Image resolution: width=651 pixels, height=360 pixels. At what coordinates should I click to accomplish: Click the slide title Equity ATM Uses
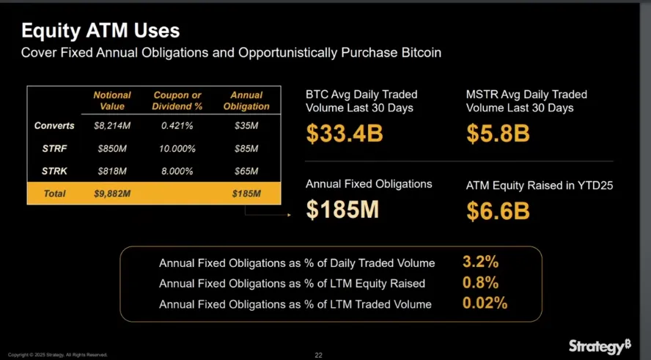click(x=100, y=31)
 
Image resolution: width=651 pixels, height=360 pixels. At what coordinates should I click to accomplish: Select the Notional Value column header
click(x=112, y=100)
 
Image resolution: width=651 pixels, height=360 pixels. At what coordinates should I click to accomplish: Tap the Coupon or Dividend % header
click(x=177, y=100)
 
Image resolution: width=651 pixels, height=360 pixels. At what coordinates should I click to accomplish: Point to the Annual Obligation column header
click(x=246, y=100)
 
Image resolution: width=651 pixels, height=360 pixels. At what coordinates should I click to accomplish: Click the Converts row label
click(x=54, y=126)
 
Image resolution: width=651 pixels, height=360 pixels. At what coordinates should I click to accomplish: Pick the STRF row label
click(x=54, y=149)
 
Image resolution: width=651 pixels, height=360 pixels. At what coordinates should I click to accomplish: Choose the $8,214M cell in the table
click(x=112, y=126)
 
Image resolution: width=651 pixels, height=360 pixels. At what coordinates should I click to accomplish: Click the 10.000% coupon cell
click(x=177, y=149)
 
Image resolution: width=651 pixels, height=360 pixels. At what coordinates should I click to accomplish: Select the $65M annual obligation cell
click(x=246, y=172)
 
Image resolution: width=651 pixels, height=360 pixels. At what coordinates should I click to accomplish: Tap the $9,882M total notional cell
click(x=112, y=194)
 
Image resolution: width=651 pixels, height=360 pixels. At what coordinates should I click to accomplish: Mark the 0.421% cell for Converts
click(x=177, y=126)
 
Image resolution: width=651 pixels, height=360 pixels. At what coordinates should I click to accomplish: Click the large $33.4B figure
click(x=345, y=134)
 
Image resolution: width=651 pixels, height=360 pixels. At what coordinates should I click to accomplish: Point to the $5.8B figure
click(x=499, y=134)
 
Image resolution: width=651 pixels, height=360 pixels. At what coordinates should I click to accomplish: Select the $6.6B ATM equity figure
click(x=499, y=211)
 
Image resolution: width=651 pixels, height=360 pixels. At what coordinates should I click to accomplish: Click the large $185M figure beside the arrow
click(x=342, y=210)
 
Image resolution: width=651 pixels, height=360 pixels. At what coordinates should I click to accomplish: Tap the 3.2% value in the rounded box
click(x=480, y=262)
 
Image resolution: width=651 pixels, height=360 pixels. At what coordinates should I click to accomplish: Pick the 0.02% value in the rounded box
click(x=485, y=304)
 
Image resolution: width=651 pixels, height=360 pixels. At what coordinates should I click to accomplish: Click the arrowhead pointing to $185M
click(x=289, y=215)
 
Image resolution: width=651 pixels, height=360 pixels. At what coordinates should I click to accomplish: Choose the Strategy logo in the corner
click(x=600, y=346)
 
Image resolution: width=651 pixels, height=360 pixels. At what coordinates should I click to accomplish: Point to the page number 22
click(x=319, y=356)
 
